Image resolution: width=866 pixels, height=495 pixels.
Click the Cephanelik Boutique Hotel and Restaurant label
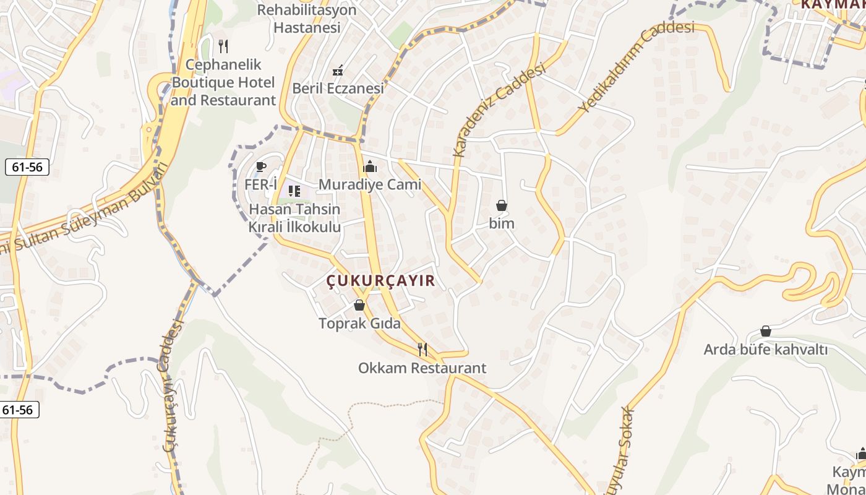pyautogui.click(x=223, y=82)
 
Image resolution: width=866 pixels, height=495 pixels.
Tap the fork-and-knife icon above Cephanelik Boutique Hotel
pyautogui.click(x=223, y=46)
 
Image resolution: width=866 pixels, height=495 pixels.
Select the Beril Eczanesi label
pyautogui.click(x=338, y=88)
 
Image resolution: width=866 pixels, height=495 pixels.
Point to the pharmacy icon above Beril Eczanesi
pyautogui.click(x=338, y=71)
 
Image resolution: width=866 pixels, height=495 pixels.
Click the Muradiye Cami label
pyautogui.click(x=370, y=184)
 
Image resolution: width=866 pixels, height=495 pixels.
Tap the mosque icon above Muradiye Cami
pyautogui.click(x=370, y=166)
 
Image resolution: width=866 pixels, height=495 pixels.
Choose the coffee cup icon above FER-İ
pyautogui.click(x=260, y=167)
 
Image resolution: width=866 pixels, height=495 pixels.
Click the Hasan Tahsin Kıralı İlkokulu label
pyautogui.click(x=294, y=218)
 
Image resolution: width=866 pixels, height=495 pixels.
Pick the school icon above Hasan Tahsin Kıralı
pyautogui.click(x=294, y=191)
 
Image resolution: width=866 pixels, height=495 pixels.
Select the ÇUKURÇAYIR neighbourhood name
pyautogui.click(x=381, y=281)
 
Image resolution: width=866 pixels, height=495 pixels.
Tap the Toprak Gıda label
pyautogui.click(x=359, y=323)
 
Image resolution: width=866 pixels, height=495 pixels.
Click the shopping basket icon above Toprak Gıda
pyautogui.click(x=359, y=305)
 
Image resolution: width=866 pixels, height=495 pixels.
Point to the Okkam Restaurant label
pyautogui.click(x=422, y=368)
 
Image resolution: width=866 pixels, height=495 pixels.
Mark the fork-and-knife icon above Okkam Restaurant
pyautogui.click(x=422, y=350)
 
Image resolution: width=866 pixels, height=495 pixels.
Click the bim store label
pyautogui.click(x=502, y=223)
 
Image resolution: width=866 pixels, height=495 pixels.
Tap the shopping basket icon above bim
pyautogui.click(x=502, y=205)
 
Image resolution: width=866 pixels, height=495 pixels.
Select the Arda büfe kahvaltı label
pyautogui.click(x=765, y=350)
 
